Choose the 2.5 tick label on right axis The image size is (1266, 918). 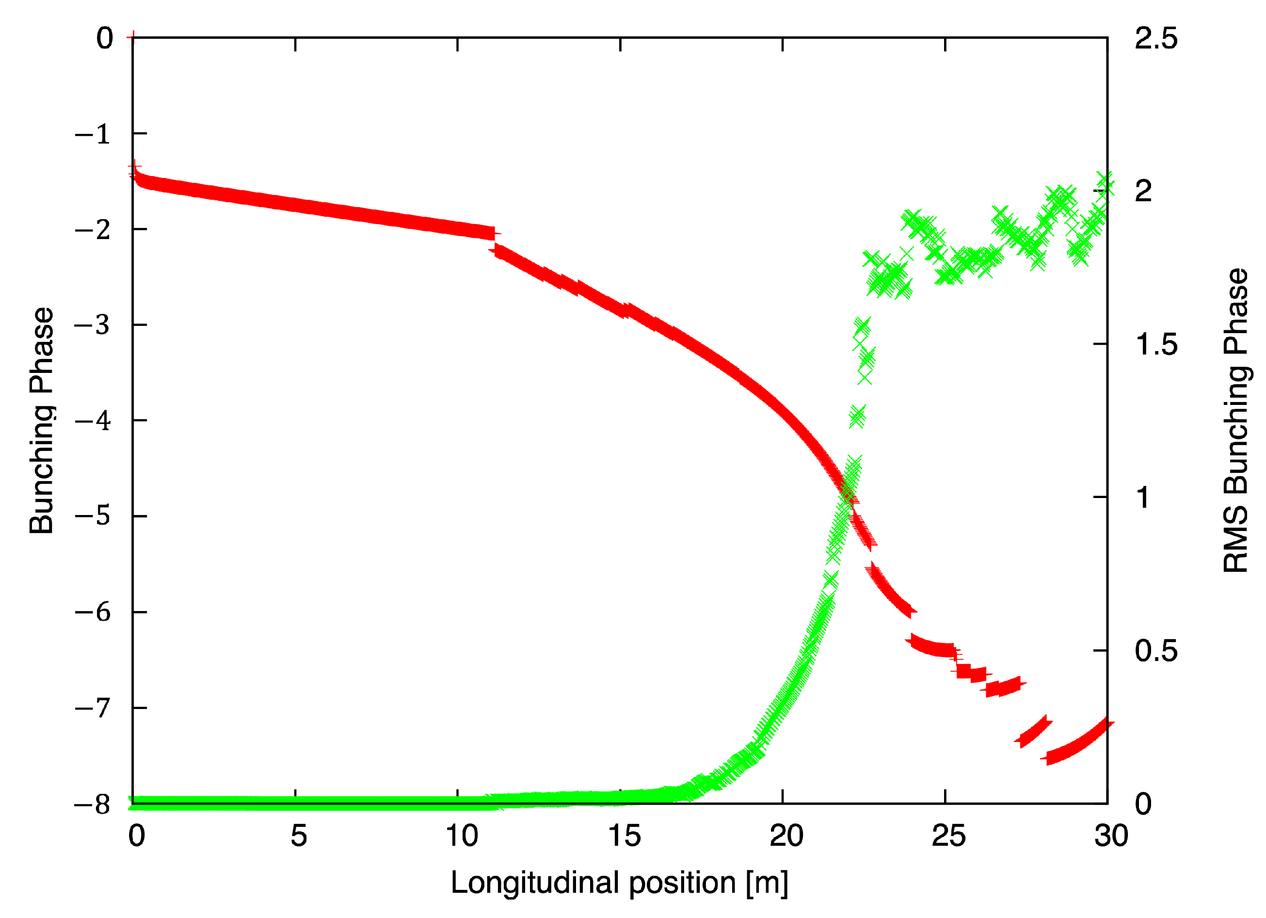[1155, 38]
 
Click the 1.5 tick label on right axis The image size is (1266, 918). [1155, 344]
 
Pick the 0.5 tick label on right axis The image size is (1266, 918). [1155, 650]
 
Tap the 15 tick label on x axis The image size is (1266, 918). [624, 836]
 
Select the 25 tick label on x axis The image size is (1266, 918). [948, 836]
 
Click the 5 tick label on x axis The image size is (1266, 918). [299, 836]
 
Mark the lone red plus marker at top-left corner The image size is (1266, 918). [133, 37]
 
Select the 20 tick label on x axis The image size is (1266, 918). [786, 836]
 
